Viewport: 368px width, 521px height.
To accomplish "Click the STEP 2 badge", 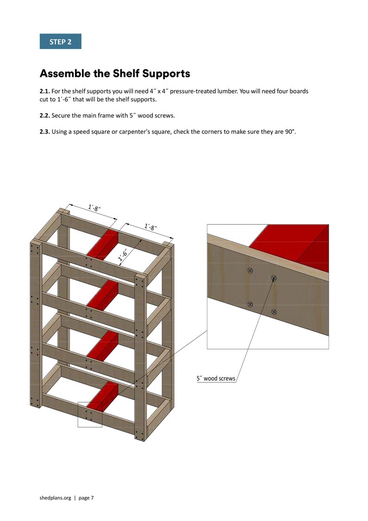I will (x=60, y=42).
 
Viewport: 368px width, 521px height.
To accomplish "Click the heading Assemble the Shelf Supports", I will (x=115, y=73).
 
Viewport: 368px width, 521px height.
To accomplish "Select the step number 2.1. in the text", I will (x=45, y=91).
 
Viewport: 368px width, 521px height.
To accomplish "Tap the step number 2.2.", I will (x=45, y=115).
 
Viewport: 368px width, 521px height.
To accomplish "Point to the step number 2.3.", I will (x=45, y=131).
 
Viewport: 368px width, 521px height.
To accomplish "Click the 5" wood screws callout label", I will (x=216, y=378).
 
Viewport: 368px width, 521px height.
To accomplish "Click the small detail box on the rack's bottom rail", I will (x=90, y=414).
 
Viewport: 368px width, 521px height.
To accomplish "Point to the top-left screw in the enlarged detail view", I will (x=250, y=271).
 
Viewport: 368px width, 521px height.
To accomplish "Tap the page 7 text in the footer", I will (x=87, y=498).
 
